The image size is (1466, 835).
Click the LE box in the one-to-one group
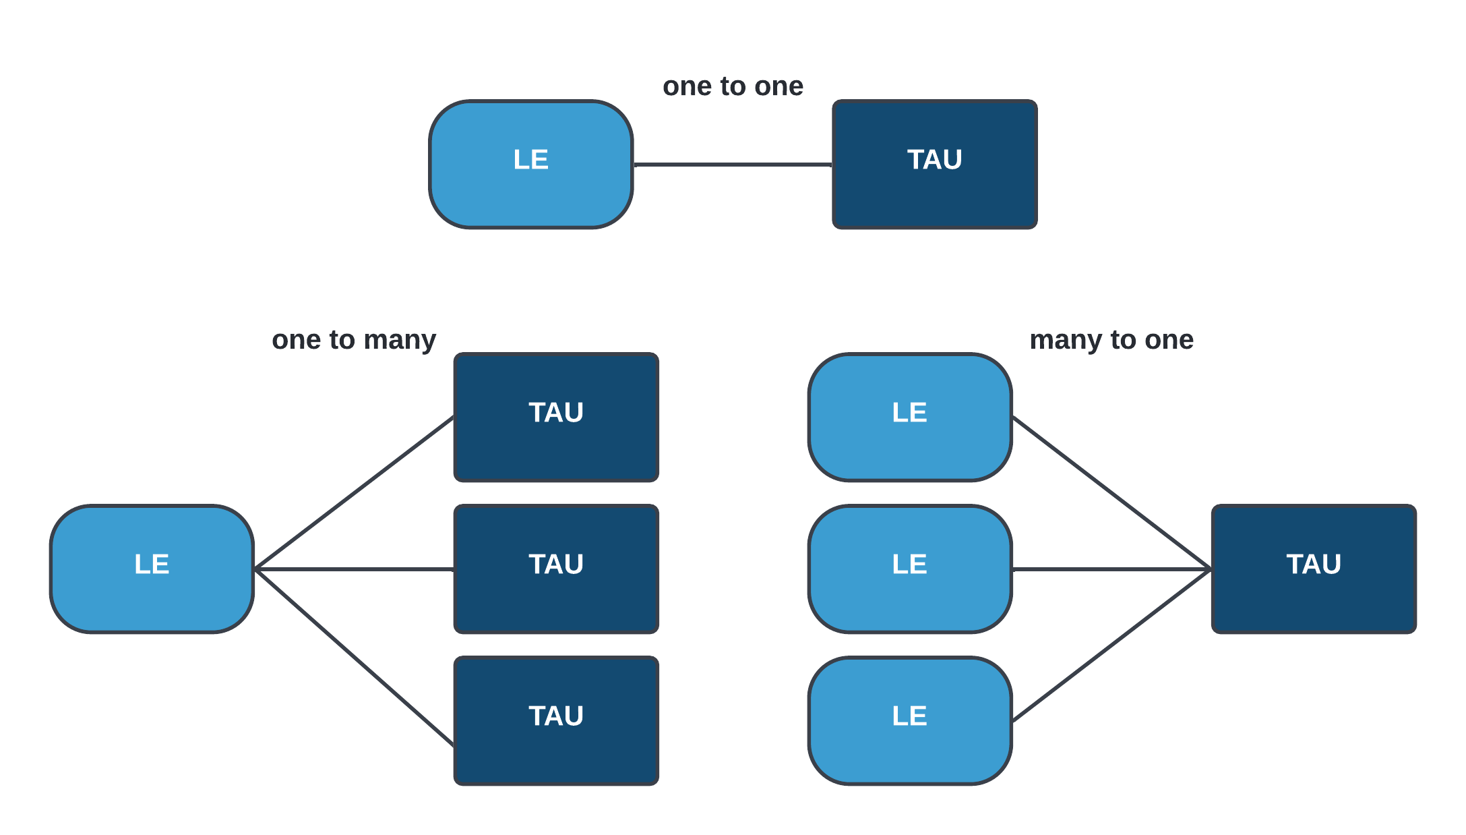530,164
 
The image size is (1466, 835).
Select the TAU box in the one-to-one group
934,164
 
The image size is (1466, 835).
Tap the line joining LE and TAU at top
733,164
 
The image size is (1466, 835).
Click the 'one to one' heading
733,86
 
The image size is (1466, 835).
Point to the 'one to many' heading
354,340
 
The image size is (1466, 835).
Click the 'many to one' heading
1111,340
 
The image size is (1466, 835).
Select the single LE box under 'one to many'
152,569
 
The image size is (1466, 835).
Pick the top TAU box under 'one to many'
556,417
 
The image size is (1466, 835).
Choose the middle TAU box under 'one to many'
556,569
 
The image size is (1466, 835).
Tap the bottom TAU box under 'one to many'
556,720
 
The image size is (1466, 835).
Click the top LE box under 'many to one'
909,417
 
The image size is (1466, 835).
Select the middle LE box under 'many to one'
909,569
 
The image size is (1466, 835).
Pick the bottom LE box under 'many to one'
909,720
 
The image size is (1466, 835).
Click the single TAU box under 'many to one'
1314,569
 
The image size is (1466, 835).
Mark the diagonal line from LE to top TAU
355,493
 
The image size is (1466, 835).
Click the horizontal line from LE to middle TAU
355,569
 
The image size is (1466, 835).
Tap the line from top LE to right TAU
1111,493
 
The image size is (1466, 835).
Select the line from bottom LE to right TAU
1111,645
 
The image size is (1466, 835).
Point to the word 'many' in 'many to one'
1066,340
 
